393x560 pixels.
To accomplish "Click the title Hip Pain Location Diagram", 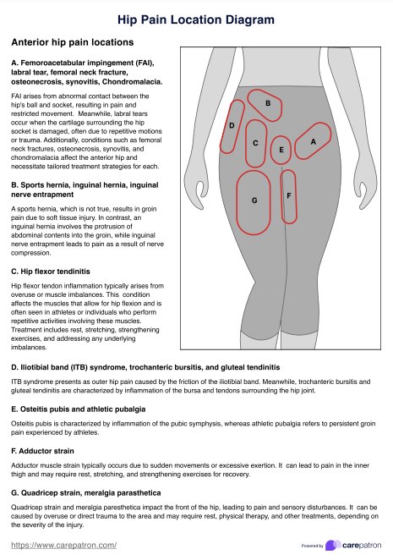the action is (x=196, y=19).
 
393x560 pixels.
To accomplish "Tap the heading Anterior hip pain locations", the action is (x=73, y=42).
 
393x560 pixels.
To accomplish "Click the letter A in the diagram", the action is (x=313, y=142).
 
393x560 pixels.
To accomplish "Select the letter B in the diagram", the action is (x=268, y=103).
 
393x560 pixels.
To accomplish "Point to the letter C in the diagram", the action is (x=255, y=143).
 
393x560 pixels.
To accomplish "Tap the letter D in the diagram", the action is (x=232, y=126).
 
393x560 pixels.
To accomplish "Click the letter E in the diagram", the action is (x=281, y=150).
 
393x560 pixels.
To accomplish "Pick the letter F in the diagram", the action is (x=289, y=195).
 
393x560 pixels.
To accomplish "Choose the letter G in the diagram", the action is (x=254, y=200).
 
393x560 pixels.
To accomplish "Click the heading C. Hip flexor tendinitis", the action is (x=51, y=272).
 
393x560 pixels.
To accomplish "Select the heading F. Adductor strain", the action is (x=42, y=451).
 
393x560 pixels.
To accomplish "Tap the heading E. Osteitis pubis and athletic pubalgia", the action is (x=78, y=409).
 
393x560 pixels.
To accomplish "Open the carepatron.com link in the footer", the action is (x=64, y=546).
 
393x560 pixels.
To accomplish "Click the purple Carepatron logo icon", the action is (x=333, y=545).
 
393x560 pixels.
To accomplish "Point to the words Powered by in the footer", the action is (x=312, y=546).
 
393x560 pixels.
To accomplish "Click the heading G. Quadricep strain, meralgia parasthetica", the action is (x=86, y=493).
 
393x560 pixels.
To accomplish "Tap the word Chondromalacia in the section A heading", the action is (x=132, y=82).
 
